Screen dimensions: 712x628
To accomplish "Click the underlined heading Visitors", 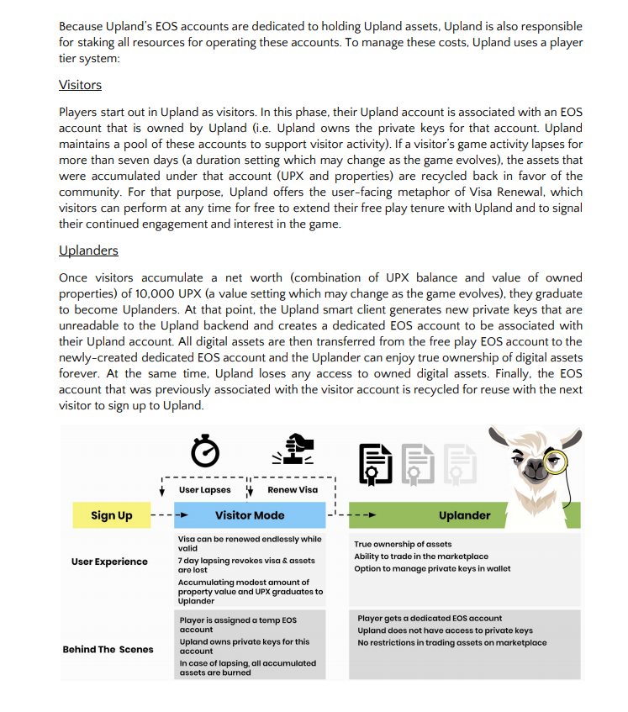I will [x=80, y=85].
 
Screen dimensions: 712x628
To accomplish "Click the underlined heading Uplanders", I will [x=88, y=251].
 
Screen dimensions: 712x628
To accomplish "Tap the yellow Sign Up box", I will [x=112, y=515].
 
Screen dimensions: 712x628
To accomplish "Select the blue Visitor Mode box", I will [x=250, y=515].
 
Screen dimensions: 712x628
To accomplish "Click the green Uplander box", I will [x=464, y=515].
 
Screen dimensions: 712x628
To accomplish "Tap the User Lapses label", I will [x=205, y=490].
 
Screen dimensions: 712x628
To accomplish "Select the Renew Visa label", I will [x=293, y=490].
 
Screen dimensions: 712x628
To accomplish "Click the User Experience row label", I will [x=109, y=562].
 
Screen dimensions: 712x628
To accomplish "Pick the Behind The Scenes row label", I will [x=108, y=649].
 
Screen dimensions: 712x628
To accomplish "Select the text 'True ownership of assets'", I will [x=403, y=545].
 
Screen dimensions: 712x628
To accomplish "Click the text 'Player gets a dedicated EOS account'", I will [x=430, y=618].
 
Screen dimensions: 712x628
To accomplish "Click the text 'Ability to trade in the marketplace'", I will [x=420, y=556].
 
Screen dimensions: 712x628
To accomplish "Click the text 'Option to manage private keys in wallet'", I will [x=432, y=569].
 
